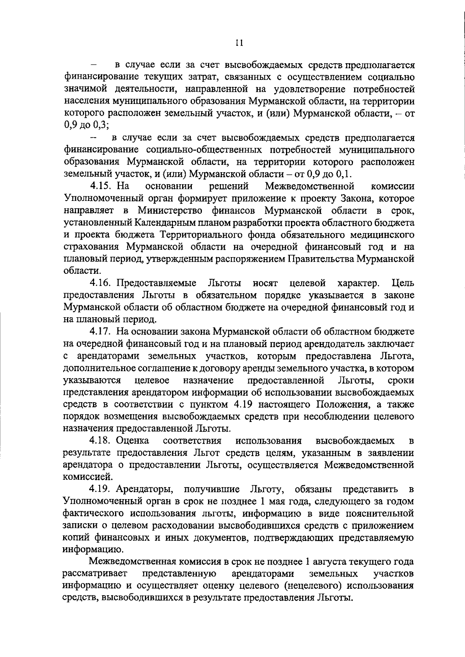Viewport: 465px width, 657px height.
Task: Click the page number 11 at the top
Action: coord(239,43)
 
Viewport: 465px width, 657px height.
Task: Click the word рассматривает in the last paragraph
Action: coord(95,574)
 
